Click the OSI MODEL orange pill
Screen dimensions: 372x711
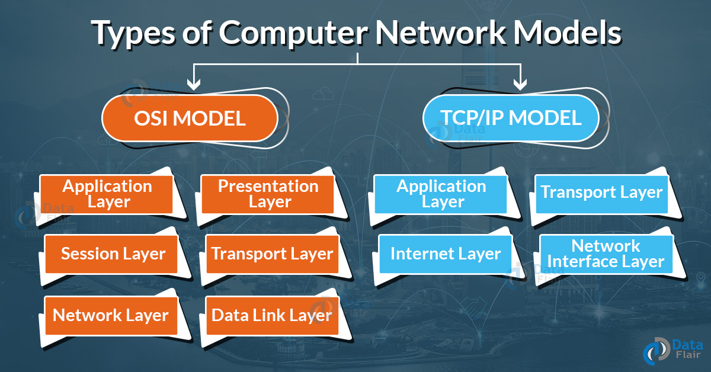pyautogui.click(x=190, y=118)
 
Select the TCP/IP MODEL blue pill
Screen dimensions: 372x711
pyautogui.click(x=511, y=118)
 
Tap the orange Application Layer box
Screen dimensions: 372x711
pyautogui.click(x=107, y=194)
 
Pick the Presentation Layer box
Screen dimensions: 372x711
pyautogui.click(x=268, y=194)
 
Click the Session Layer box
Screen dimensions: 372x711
pyautogui.click(x=112, y=254)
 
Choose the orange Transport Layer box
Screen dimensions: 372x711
pyautogui.click(x=272, y=254)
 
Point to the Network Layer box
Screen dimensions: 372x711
pyautogui.click(x=111, y=315)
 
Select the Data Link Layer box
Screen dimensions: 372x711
pyautogui.click(x=272, y=315)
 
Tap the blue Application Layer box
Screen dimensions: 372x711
pyautogui.click(x=441, y=194)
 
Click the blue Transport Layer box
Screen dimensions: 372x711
pyautogui.click(x=601, y=193)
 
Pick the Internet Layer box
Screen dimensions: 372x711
pyautogui.click(x=445, y=254)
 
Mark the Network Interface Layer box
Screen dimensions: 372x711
pyautogui.click(x=606, y=254)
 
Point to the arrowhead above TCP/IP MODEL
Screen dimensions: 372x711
pyautogui.click(x=520, y=84)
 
